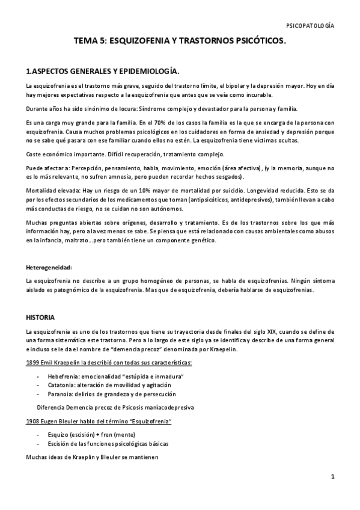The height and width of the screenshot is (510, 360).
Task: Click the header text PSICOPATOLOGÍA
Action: click(x=311, y=26)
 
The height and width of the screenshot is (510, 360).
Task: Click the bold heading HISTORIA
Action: click(x=41, y=316)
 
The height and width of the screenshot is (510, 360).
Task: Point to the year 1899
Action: click(x=33, y=363)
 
